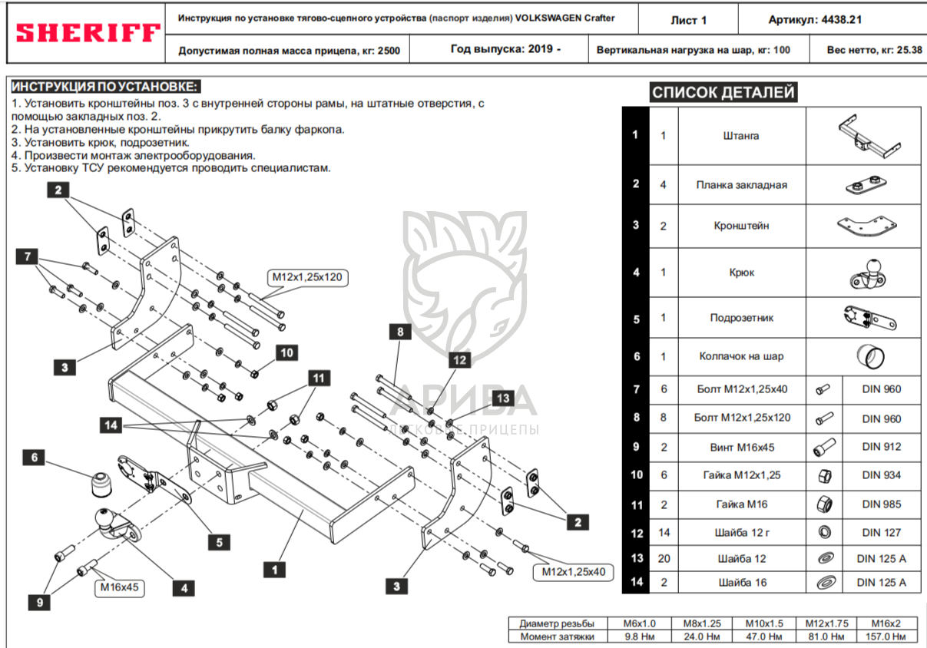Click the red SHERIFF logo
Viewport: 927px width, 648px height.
pos(88,33)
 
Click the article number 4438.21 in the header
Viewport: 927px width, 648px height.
pos(841,19)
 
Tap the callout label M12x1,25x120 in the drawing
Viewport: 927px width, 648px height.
pos(307,277)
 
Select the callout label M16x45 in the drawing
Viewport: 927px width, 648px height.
pos(120,587)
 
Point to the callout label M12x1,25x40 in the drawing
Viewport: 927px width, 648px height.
pos(573,572)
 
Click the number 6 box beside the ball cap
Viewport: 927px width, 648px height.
pos(34,458)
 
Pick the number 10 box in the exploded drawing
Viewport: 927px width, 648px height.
pos(286,353)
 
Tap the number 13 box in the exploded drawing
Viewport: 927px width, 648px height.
pos(503,398)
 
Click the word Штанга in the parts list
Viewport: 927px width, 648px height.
pos(741,136)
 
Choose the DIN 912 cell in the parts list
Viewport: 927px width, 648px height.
pos(882,447)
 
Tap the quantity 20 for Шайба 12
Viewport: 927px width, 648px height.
pos(664,559)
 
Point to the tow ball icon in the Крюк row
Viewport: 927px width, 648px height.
pos(867,274)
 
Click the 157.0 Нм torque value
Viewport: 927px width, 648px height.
pos(886,636)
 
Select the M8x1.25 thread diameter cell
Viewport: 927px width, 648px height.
pos(702,623)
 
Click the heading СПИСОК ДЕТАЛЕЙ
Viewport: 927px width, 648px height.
pos(723,92)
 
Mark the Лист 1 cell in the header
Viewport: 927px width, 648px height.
pos(689,20)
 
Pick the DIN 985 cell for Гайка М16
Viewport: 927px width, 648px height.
pos(882,504)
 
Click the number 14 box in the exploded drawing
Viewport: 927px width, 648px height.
pos(111,425)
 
